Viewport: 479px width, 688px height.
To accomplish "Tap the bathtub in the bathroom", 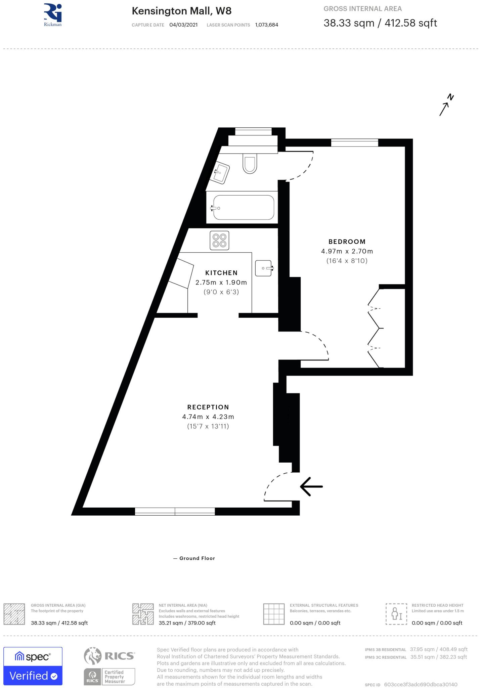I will click(244, 208).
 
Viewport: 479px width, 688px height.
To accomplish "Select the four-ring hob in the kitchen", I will click(219, 241).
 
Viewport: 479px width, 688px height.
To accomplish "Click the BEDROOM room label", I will click(347, 242).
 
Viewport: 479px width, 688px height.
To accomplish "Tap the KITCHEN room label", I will click(221, 273).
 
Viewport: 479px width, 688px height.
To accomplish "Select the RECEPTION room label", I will click(208, 407).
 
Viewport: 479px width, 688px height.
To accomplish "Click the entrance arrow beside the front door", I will click(311, 486).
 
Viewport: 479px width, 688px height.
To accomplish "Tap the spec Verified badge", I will click(33, 666).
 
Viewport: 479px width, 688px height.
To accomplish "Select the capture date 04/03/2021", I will click(183, 25).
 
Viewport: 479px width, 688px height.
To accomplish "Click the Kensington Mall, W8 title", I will click(181, 11).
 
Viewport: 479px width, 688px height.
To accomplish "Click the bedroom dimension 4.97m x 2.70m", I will click(347, 251).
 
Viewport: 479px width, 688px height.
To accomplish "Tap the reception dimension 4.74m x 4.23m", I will click(208, 417).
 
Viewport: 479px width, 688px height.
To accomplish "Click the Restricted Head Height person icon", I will click(396, 614).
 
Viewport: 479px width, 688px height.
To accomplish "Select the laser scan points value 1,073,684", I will click(266, 25).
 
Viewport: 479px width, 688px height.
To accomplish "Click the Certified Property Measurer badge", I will click(110, 677).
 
